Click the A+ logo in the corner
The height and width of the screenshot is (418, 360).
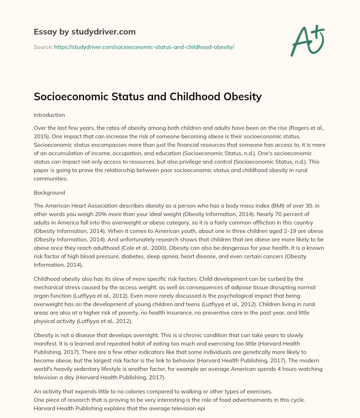click(307, 41)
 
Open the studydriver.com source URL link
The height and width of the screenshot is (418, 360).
click(144, 47)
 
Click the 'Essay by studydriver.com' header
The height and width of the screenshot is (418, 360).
click(85, 32)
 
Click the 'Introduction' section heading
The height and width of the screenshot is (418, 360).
click(49, 115)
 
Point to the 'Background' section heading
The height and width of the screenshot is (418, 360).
click(49, 192)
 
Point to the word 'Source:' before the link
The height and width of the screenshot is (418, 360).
click(43, 47)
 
